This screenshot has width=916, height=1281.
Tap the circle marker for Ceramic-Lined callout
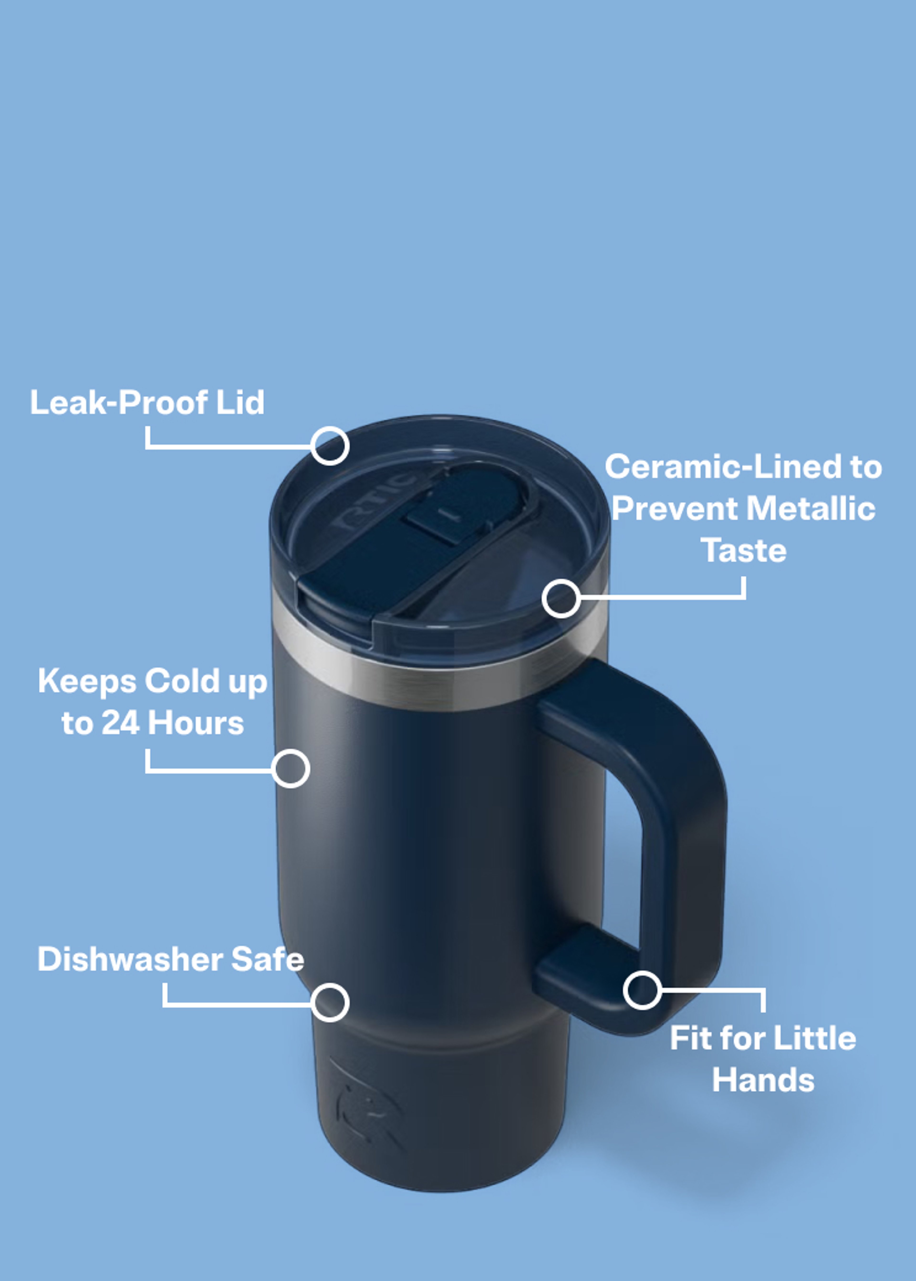pos(561,598)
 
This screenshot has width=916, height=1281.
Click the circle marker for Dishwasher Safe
pos(330,1003)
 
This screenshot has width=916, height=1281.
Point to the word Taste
pos(743,551)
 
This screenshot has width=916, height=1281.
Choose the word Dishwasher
pos(131,959)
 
